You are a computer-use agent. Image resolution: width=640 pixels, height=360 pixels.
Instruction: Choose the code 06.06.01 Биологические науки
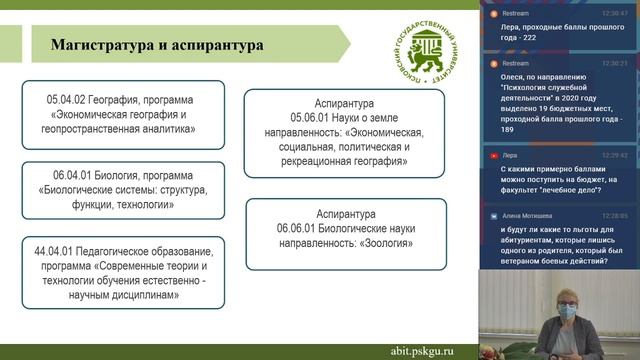293,229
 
